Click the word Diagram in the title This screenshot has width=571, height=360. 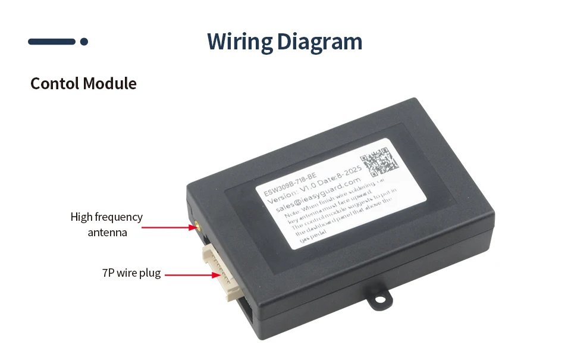[x=319, y=42]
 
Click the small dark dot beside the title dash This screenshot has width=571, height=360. [x=84, y=42]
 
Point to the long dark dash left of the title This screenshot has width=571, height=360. [x=52, y=42]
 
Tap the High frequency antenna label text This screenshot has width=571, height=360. [x=106, y=224]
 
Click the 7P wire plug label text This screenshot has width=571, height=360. [x=131, y=273]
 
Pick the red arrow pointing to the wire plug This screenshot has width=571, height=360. [x=190, y=275]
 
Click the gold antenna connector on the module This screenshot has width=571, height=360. [x=194, y=227]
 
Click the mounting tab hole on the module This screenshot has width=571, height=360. [x=378, y=299]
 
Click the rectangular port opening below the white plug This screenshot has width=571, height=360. [x=244, y=310]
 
